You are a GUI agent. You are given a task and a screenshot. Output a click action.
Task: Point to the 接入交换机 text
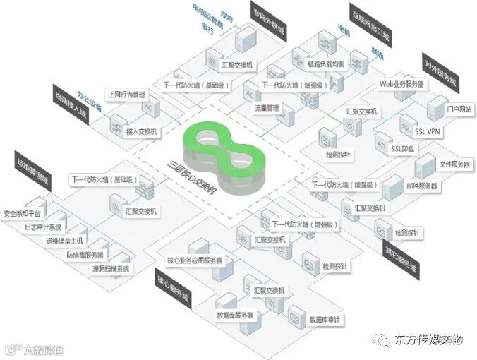141,131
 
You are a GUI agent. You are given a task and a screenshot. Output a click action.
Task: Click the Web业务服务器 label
402,83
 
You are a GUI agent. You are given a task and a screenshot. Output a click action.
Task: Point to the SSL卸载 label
405,149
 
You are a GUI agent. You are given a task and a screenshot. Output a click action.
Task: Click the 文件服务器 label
454,164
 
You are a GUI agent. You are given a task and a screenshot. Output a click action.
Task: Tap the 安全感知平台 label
23,212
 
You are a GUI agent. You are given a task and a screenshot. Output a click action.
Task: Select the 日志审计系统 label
43,227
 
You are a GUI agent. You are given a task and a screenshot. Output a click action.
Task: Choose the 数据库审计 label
326,320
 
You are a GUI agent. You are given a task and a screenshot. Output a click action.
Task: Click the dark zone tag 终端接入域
70,107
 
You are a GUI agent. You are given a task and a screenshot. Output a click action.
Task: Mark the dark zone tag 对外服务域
441,71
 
